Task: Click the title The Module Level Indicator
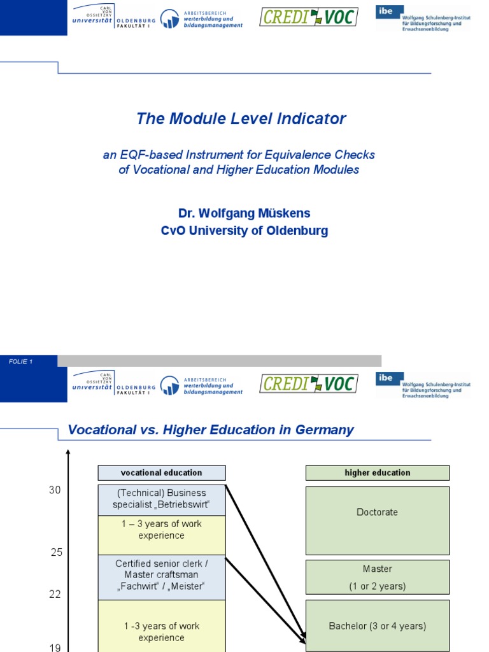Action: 241,118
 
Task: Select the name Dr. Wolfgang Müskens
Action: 244,213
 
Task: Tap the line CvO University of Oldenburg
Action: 244,230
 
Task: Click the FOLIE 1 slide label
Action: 21,362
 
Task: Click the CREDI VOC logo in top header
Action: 308,17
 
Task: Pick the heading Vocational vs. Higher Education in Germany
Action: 210,430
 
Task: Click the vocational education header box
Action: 161,472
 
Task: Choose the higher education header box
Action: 377,472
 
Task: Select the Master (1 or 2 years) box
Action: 377,577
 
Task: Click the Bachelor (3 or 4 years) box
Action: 377,626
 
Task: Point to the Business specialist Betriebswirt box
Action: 161,499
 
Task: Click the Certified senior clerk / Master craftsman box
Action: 161,576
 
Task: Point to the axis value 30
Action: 55,490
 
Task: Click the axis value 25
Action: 57,552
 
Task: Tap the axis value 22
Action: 55,594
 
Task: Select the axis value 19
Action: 55,648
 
